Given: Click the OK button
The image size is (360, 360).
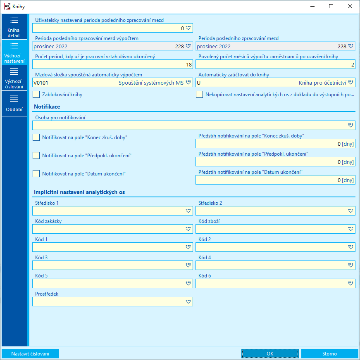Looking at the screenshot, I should (270, 354).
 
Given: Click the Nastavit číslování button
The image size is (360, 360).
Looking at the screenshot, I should (30, 354).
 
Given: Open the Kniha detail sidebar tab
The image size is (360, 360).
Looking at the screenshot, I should (13, 27).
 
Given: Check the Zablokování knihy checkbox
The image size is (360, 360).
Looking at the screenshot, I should (36, 95).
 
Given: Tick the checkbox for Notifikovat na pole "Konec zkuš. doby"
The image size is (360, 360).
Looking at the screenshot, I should (36, 137).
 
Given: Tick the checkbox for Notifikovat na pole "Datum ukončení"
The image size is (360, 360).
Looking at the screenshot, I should (36, 174).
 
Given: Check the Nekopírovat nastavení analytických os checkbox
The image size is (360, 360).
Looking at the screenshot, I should (199, 95).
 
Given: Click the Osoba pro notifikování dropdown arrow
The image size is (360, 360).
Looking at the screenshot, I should (350, 125).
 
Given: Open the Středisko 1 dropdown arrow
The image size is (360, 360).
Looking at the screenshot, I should (188, 211).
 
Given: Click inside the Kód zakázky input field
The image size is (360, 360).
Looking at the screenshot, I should (107, 229).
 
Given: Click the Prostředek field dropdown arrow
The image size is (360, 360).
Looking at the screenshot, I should (188, 301).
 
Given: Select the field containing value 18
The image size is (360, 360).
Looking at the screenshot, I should (112, 64).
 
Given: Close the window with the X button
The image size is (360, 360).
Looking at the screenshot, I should (350, 6).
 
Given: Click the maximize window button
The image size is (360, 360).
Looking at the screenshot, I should (331, 6).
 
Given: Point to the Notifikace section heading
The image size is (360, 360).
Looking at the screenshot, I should (47, 107).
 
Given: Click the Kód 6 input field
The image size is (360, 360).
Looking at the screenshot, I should (271, 283).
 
